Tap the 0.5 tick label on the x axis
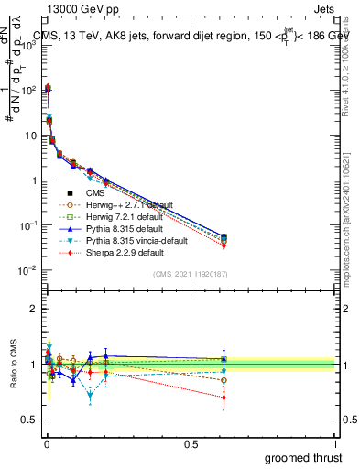pyautogui.click(x=191, y=443)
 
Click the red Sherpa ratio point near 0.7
pyautogui.click(x=224, y=397)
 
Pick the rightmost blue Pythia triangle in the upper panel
pyautogui.click(x=224, y=236)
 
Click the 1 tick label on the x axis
pyautogui.click(x=335, y=443)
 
